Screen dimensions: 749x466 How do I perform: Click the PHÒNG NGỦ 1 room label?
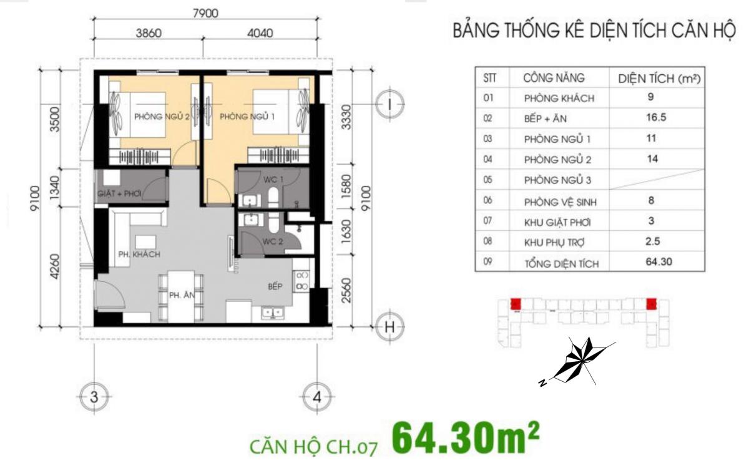point(247,117)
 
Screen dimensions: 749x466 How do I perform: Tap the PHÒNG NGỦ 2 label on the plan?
point(162,117)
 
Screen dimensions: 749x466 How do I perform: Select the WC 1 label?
point(273,180)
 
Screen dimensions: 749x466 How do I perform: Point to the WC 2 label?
point(273,241)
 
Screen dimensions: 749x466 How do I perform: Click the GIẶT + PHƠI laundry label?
point(119,193)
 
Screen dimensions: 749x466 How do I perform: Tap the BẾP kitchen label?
point(275,286)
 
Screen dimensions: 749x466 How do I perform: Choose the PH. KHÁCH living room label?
point(139,255)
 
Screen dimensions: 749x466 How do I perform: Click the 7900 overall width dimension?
point(205,13)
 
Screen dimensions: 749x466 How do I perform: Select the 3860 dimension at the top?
point(149,33)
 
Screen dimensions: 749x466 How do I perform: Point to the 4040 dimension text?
point(260,33)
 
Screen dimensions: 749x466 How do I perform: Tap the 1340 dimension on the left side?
point(54,188)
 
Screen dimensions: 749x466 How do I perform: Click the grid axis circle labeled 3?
point(94,397)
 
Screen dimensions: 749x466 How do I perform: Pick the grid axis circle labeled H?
point(389,327)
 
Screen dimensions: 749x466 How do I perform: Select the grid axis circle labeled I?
point(389,104)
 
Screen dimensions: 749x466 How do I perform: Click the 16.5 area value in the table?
point(656,117)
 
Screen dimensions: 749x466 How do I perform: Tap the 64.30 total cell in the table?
point(658,261)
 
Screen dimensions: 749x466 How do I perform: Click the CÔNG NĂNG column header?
point(554,78)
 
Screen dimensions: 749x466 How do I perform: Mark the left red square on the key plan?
point(516,304)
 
